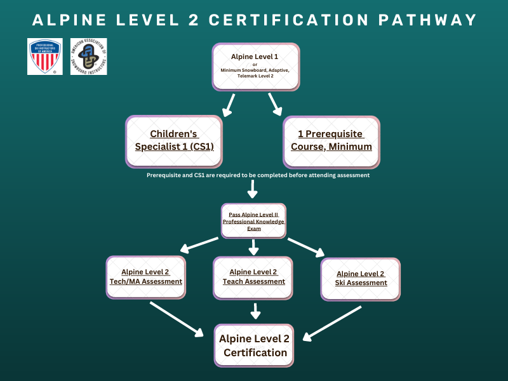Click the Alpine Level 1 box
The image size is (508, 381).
point(255,67)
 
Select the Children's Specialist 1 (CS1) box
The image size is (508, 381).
point(174,140)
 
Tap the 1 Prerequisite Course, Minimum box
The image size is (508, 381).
point(331,140)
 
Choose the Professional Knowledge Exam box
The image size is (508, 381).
point(253,221)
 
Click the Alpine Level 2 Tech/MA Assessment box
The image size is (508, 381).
point(146,277)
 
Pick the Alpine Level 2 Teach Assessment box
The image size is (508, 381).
point(253,277)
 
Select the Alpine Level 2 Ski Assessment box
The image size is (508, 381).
point(361,278)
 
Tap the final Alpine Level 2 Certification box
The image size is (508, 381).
point(254,345)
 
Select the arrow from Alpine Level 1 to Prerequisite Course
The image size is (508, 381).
point(276,104)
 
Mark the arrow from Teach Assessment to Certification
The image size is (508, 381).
point(255,311)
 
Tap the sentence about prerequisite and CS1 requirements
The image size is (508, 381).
point(258,175)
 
